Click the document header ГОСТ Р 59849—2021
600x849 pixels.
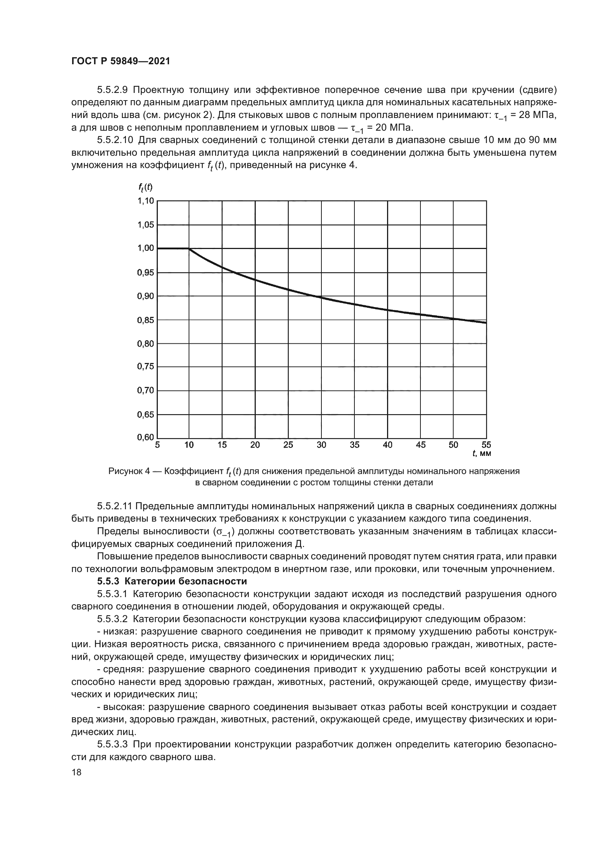tap(120, 61)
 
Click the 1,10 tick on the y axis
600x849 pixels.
tap(145, 201)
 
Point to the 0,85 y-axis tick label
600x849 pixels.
tap(145, 320)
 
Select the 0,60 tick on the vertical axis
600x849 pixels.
tap(145, 437)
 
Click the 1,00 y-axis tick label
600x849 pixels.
tap(145, 248)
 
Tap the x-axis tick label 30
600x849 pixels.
tap(321, 445)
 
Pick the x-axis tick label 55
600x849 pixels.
tap(486, 445)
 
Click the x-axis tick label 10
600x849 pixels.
tap(189, 445)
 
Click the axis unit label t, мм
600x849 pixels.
tap(482, 454)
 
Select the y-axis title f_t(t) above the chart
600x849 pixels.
tap(145, 188)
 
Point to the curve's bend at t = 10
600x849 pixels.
tap(189, 249)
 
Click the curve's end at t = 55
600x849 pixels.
tap(486, 323)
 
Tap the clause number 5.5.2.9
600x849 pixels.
tap(112, 90)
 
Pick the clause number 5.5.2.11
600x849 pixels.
tap(117, 506)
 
